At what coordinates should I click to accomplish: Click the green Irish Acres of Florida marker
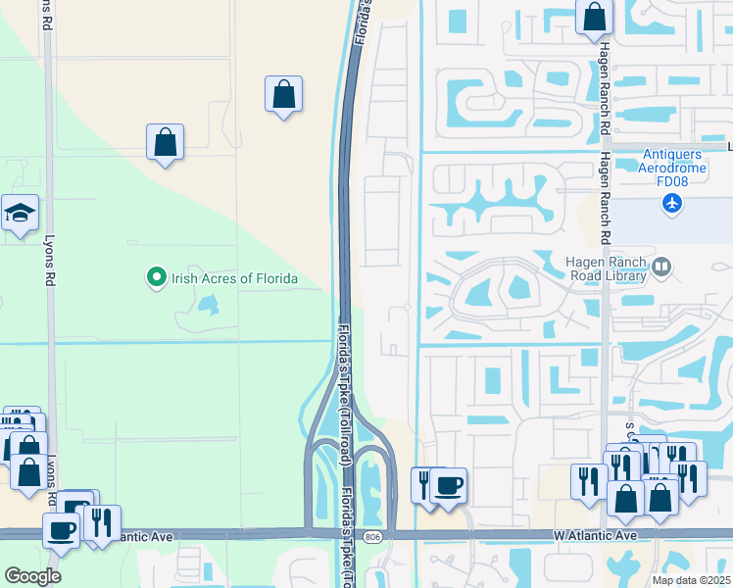(x=155, y=278)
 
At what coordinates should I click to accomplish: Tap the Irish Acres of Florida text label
(x=234, y=278)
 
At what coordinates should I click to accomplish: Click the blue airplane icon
(x=671, y=203)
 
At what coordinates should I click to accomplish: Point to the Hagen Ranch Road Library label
(x=608, y=268)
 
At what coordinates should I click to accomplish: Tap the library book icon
(x=663, y=267)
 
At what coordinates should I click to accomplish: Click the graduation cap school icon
(x=20, y=213)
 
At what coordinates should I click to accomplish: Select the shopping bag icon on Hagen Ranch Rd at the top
(x=594, y=16)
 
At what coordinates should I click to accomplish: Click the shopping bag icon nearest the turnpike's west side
(x=283, y=94)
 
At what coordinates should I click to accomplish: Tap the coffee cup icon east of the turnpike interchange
(x=450, y=486)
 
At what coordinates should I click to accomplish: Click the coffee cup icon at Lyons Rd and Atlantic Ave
(x=61, y=530)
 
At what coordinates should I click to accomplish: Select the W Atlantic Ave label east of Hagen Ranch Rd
(x=595, y=535)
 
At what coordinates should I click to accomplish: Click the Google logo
(x=32, y=576)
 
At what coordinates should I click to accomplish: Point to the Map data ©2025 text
(x=692, y=580)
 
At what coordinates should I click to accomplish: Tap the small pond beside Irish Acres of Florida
(x=206, y=306)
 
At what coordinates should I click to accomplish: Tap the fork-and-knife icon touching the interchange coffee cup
(x=423, y=485)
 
